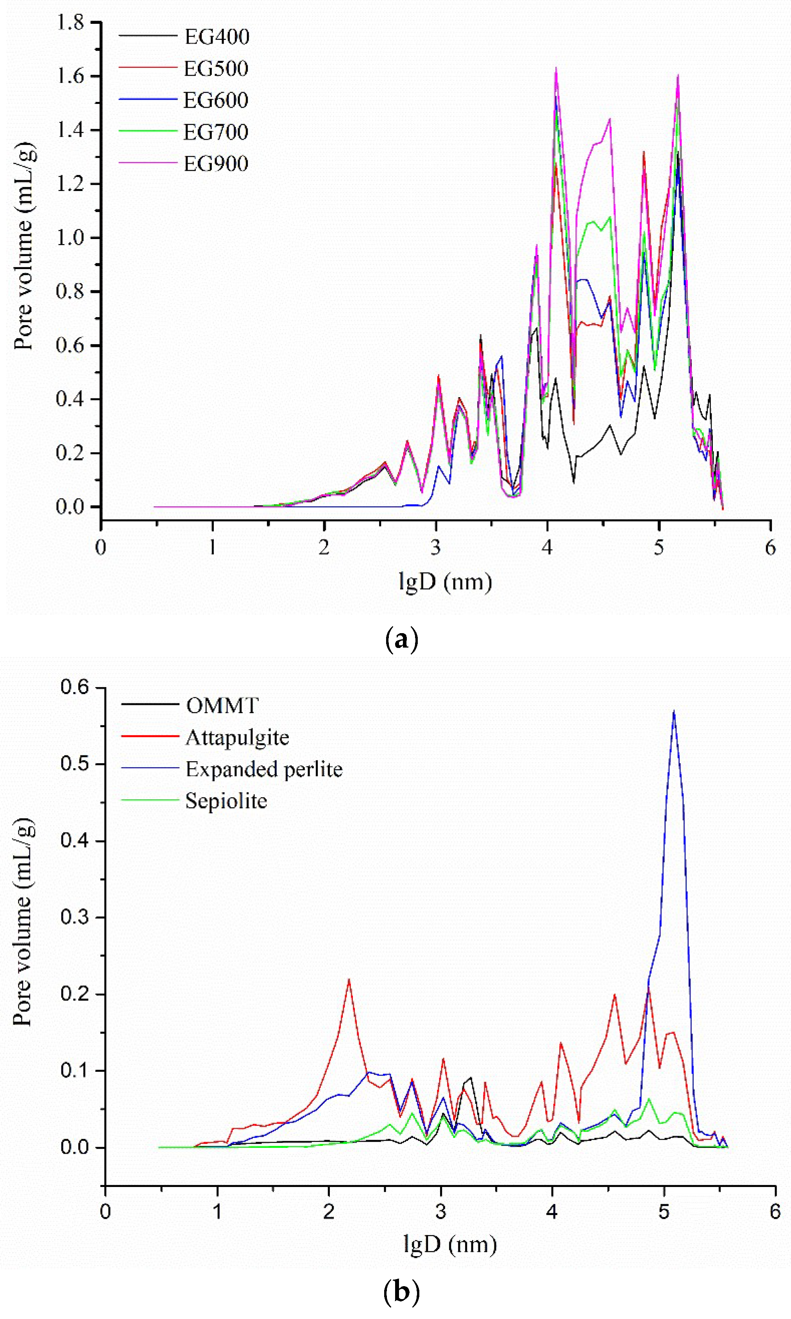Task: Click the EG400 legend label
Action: pos(217,36)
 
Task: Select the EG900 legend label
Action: pos(216,164)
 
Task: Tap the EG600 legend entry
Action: pos(216,100)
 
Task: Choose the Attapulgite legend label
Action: pos(237,738)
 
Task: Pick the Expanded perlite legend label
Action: pos(264,769)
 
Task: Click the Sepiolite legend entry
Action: pos(226,801)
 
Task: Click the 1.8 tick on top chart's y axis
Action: pos(70,22)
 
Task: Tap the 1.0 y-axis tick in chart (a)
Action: pos(70,237)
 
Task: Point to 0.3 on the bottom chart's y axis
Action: pos(75,917)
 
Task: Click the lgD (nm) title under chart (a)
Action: pos(445,581)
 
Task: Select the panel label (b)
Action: pos(401,1292)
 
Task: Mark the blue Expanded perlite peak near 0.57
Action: pos(674,712)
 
